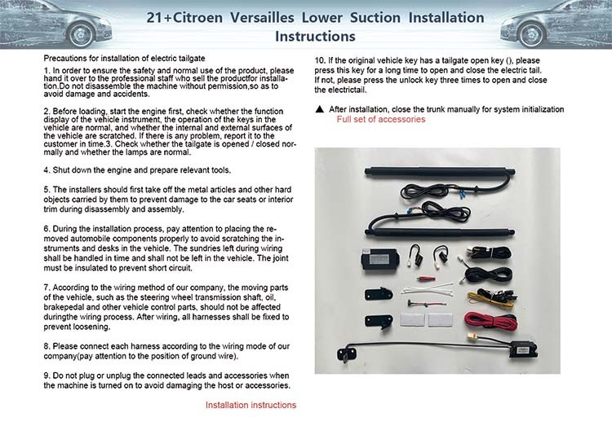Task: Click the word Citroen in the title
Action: click(x=197, y=18)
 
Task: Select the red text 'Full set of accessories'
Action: click(x=381, y=119)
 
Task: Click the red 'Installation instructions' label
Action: click(x=251, y=405)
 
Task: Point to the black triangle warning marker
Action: click(x=320, y=109)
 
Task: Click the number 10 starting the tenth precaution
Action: click(x=319, y=61)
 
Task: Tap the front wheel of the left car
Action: click(x=82, y=35)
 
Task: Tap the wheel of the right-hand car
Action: click(x=531, y=34)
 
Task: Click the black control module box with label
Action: click(x=379, y=259)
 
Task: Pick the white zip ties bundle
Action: click(x=428, y=290)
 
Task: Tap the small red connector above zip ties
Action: click(x=426, y=279)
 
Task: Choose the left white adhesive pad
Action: click(x=412, y=320)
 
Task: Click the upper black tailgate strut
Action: click(x=440, y=170)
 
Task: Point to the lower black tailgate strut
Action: click(x=440, y=233)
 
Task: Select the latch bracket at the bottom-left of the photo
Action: click(x=347, y=354)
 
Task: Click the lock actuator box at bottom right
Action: click(x=523, y=349)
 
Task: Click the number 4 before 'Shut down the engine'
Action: click(x=46, y=170)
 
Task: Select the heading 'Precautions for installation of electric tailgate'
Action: click(x=124, y=59)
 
